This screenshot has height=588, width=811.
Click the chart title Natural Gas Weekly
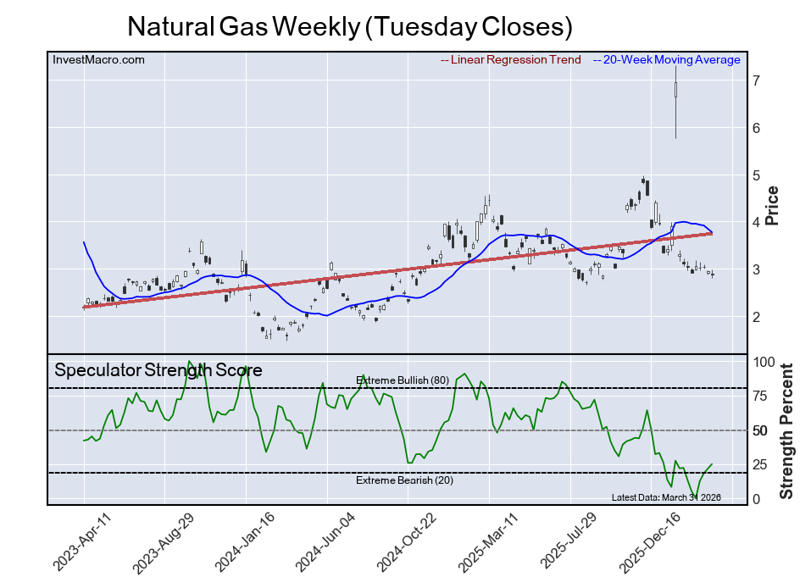(349, 26)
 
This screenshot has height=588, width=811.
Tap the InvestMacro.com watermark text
(98, 60)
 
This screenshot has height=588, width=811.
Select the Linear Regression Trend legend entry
(511, 60)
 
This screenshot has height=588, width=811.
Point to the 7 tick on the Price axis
(755, 80)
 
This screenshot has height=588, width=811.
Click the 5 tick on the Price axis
(755, 175)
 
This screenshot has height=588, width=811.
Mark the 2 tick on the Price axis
(755, 317)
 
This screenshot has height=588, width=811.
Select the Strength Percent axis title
(787, 431)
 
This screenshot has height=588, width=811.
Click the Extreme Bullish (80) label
(403, 380)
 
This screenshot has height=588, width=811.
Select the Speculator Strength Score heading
(158, 370)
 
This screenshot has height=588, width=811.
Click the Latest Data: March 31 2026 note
(665, 497)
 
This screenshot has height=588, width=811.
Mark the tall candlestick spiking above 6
(675, 102)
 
